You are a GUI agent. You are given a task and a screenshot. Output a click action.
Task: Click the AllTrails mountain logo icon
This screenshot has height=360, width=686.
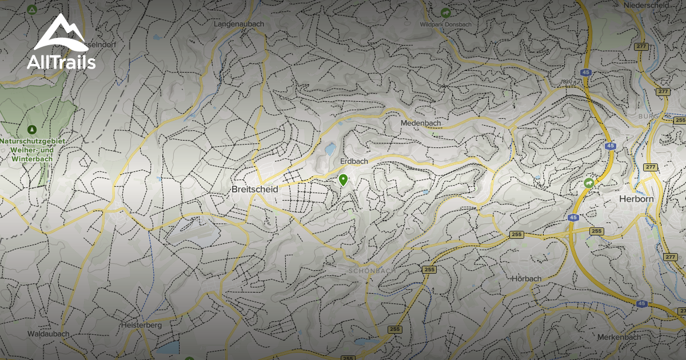pos(59,34)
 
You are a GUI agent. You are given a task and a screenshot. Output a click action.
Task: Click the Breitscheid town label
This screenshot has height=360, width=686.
pos(254,189)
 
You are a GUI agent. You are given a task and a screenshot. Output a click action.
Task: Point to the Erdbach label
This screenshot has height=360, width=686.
pos(354,162)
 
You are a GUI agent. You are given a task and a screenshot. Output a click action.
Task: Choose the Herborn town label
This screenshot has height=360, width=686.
pos(636,199)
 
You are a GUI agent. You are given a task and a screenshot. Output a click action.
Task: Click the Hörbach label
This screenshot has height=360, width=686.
pos(527,278)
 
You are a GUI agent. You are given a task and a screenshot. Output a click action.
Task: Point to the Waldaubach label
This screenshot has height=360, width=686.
pos(49,334)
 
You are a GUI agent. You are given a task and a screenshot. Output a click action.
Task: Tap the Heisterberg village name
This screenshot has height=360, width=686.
pos(142,325)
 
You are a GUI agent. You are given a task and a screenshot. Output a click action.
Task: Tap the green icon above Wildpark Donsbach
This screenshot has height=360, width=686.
pos(446,12)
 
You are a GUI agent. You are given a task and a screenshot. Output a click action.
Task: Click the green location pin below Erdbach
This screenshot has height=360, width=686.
pos(343,180)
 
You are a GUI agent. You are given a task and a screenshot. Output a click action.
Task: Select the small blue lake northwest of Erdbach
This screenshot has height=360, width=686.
pos(330,150)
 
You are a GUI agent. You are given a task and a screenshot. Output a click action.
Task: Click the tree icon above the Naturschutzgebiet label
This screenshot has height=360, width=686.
pos(32,129)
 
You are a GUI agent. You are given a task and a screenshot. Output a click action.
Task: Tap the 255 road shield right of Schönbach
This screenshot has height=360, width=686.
pos(429,269)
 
